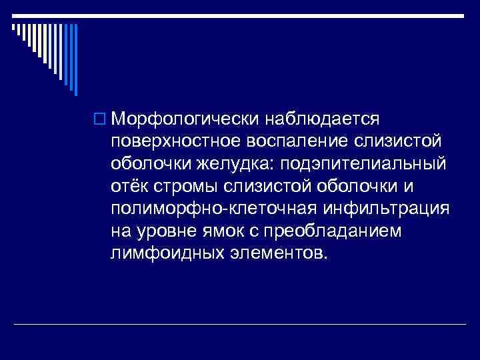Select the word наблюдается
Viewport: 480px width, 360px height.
point(323,119)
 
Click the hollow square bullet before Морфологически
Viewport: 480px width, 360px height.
point(103,121)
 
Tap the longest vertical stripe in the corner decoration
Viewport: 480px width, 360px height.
point(76,59)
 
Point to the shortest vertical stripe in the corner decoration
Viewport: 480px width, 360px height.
point(14,28)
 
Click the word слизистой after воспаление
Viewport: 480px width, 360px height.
point(400,142)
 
